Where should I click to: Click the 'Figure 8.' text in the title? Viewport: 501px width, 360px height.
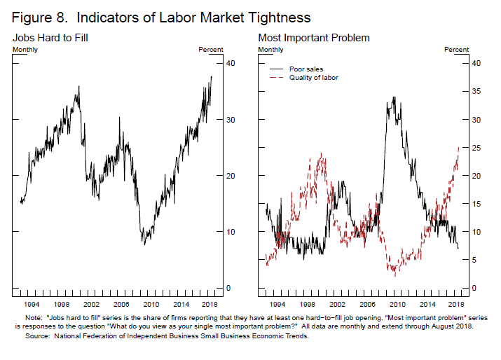(34, 15)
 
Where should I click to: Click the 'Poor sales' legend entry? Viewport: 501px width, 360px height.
(303, 69)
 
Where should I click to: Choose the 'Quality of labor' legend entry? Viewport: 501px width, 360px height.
(313, 78)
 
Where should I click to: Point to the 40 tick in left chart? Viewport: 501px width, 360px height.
(230, 64)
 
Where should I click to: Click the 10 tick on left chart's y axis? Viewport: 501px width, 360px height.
(230, 232)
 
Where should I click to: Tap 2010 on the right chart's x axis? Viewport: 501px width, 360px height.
(397, 305)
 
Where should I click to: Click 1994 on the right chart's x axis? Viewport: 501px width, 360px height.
(277, 305)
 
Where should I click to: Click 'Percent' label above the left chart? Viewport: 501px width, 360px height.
(211, 50)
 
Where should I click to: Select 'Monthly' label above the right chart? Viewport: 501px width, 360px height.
(270, 50)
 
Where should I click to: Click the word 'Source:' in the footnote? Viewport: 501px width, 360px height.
(38, 336)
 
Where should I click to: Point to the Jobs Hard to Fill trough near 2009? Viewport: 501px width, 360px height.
(144, 243)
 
